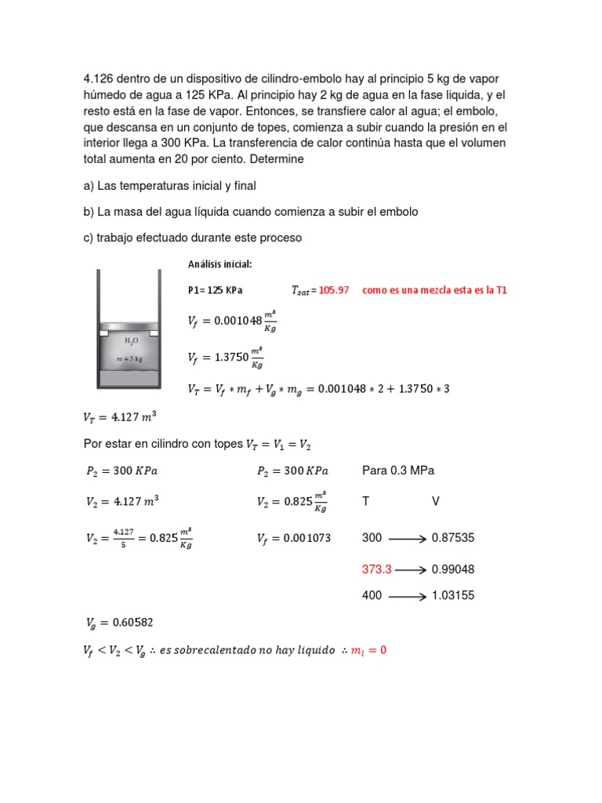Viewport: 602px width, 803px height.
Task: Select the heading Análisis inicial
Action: tap(219, 263)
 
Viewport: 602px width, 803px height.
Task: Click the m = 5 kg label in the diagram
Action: tap(129, 358)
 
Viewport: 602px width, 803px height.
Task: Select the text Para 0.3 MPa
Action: tap(398, 471)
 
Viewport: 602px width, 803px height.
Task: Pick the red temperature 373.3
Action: tap(375, 569)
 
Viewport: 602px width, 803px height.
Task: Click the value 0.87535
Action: tap(453, 538)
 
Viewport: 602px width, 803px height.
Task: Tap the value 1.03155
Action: tap(453, 595)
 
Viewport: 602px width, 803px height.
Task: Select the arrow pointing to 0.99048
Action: tap(407, 569)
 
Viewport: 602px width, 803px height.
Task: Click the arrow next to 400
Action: tap(407, 596)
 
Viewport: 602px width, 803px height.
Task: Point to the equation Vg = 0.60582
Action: tap(120, 623)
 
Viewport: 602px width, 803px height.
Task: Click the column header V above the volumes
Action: tap(436, 501)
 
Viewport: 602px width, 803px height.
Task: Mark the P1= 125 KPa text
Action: tap(216, 290)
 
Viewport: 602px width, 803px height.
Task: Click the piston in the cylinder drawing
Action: tap(129, 326)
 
